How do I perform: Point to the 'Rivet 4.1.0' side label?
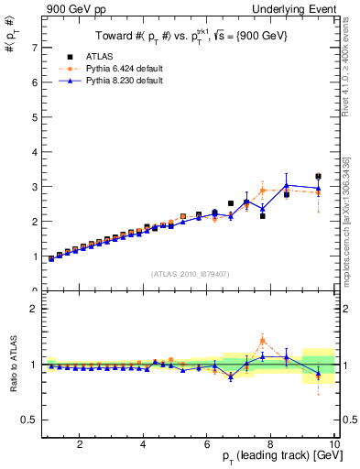tap(350, 64)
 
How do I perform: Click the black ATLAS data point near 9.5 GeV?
tap(318, 176)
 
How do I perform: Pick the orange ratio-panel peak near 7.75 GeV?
tap(262, 340)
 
